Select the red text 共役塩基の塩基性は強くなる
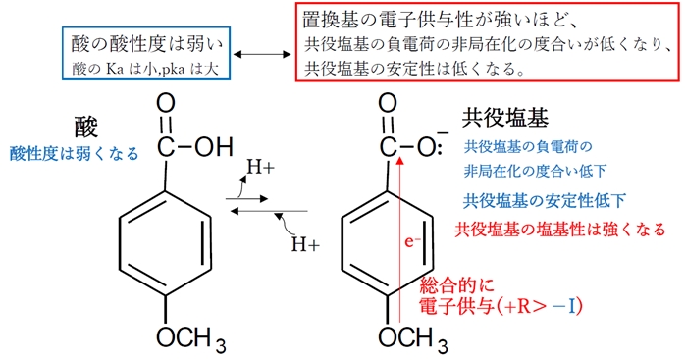(x=560, y=231)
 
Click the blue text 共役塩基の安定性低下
(x=545, y=201)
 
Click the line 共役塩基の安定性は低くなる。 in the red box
(x=414, y=70)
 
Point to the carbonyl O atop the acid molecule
(x=165, y=103)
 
